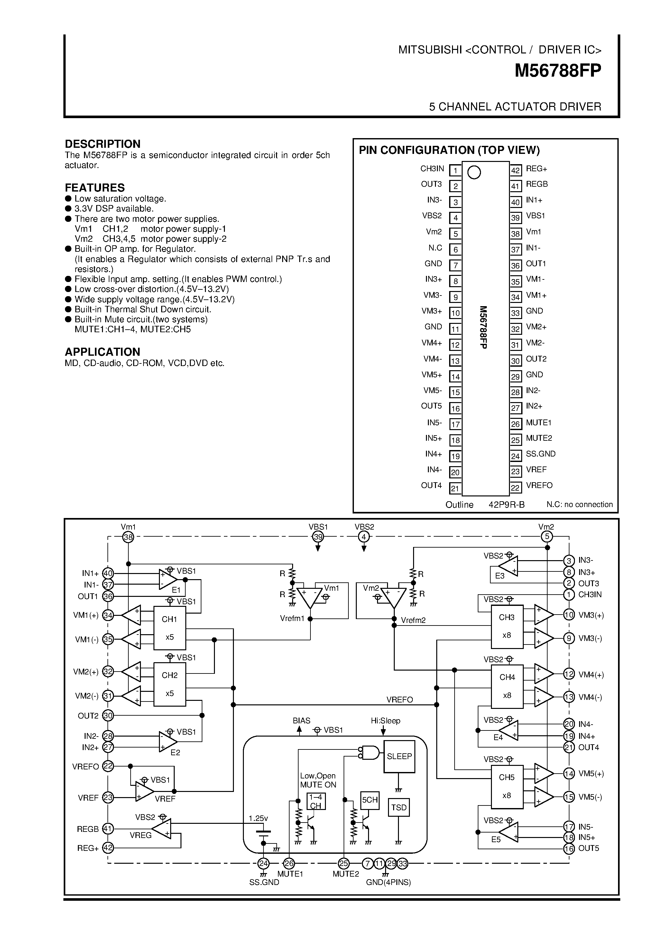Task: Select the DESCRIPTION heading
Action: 102,144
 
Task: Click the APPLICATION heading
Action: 102,352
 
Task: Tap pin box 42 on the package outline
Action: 515,170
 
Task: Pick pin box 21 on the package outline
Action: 455,488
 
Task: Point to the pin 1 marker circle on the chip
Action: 474,172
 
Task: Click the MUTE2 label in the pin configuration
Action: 539,438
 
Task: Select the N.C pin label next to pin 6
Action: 435,248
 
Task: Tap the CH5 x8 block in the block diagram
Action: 507,786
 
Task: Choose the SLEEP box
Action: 399,756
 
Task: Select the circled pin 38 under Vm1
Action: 128,537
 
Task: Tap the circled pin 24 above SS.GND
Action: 263,863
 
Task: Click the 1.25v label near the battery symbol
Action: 258,818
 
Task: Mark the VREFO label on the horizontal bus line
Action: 399,700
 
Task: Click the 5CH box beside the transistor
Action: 369,800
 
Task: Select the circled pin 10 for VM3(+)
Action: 569,615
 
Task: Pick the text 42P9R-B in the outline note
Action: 506,504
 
